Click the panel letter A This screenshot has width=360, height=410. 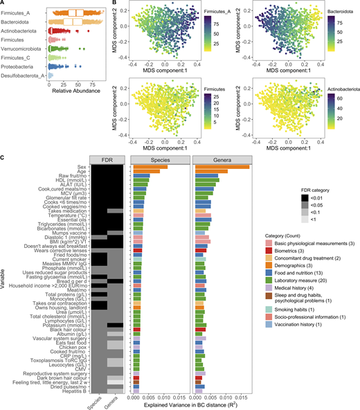click(3, 4)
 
